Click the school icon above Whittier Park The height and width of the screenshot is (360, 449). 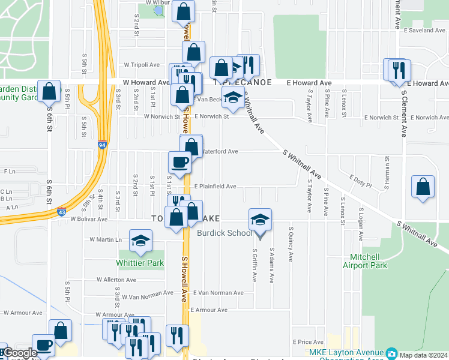coord(140,241)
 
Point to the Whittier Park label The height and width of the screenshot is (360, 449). coord(140,263)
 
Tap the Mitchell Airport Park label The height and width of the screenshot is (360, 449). coord(364,261)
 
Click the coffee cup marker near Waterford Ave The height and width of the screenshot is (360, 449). coord(179,162)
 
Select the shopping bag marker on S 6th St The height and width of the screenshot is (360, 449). coord(49,92)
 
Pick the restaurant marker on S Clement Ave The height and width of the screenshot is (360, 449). coord(397,70)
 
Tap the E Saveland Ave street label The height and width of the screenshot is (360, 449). coord(423,29)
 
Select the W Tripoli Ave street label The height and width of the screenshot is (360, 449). coord(142,65)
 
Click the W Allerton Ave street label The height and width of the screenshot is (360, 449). coord(117,280)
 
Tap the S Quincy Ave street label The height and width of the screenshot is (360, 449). coord(291,244)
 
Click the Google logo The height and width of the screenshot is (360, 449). coord(19,353)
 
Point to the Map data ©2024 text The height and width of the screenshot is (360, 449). coord(424,355)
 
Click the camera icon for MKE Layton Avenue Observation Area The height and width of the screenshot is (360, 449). coord(391,352)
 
